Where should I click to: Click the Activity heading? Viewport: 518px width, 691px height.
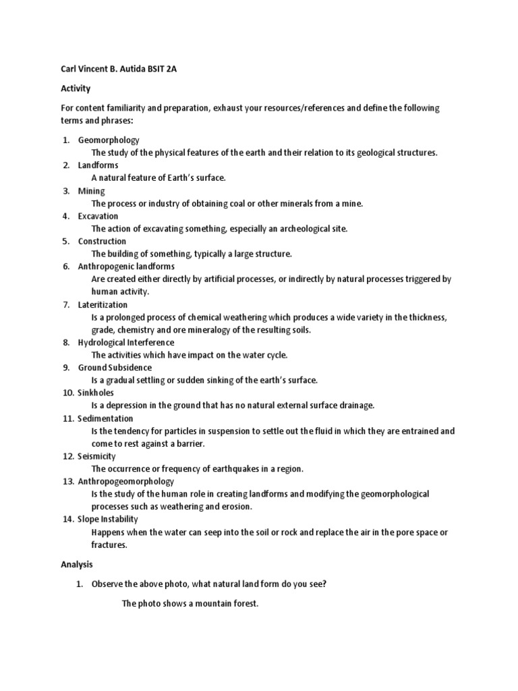coord(76,88)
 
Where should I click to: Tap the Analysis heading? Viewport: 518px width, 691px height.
coord(77,564)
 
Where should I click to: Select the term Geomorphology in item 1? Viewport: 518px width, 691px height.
coord(109,140)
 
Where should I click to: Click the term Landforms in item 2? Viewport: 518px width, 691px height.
coord(98,165)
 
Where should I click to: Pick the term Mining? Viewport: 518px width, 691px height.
coord(91,191)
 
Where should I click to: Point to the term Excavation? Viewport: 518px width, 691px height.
coord(98,216)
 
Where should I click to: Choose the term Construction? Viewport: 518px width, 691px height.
coord(102,242)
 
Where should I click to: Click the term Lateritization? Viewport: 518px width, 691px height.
coord(103,305)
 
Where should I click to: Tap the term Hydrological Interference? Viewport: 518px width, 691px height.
coord(126,343)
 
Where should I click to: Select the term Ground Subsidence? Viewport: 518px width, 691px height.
coord(115,368)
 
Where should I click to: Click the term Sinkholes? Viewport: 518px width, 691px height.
coord(96,393)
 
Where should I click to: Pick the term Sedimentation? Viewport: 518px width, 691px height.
coord(105,418)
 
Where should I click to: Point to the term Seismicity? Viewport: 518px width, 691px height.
coord(97,456)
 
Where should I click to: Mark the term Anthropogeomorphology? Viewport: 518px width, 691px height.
coord(126,481)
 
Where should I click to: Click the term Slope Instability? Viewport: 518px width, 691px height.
coord(108,520)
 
